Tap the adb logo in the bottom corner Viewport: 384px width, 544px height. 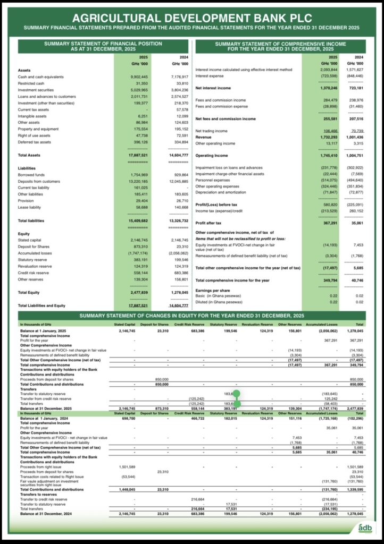pyautogui.click(x=365, y=528)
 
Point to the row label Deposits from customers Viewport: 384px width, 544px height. pyautogui.click(x=39, y=181)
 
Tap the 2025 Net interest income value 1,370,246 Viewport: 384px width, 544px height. pyautogui.click(x=327, y=88)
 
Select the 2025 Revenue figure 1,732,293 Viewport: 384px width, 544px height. pyautogui.click(x=327, y=137)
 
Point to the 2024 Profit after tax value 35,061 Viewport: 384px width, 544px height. pyautogui.click(x=355, y=224)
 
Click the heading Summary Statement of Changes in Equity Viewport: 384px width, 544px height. pyautogui.click(x=191, y=316)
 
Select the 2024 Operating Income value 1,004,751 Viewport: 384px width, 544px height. pyautogui.click(x=353, y=156)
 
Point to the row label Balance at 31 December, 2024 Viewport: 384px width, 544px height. pyautogui.click(x=50, y=514)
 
